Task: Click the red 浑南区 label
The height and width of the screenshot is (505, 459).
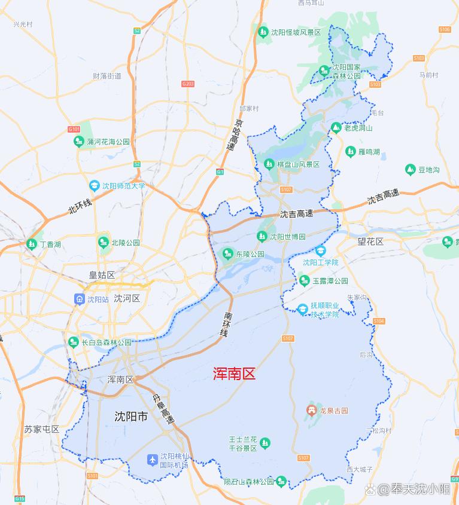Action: (x=235, y=374)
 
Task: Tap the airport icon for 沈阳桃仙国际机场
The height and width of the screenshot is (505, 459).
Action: (x=152, y=459)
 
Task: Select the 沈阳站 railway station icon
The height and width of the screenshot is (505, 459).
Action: (x=79, y=299)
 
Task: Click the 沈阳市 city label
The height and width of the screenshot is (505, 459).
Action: (x=130, y=417)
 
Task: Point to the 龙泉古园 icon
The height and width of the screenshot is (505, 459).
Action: (x=311, y=410)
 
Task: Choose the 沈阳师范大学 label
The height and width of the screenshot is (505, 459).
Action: (x=123, y=186)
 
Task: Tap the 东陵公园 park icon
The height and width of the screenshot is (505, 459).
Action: (x=227, y=254)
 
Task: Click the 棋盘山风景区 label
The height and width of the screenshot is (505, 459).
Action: (x=297, y=164)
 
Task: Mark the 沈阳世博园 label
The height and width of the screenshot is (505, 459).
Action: (x=287, y=237)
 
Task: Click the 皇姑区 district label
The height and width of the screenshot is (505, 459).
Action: (x=102, y=275)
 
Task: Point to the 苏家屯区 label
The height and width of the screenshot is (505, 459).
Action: (x=42, y=429)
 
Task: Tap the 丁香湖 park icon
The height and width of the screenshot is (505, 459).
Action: (x=31, y=244)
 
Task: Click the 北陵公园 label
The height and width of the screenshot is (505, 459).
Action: (x=125, y=243)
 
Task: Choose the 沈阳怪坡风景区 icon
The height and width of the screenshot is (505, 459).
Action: (x=263, y=32)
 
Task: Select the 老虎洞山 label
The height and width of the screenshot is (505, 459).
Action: (x=358, y=128)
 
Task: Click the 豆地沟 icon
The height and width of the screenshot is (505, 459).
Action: (x=411, y=170)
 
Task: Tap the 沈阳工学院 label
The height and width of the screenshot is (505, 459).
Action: (x=320, y=262)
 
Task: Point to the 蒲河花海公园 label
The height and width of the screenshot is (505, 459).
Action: (x=108, y=142)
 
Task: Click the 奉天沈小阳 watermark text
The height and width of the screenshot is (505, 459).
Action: (x=420, y=490)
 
